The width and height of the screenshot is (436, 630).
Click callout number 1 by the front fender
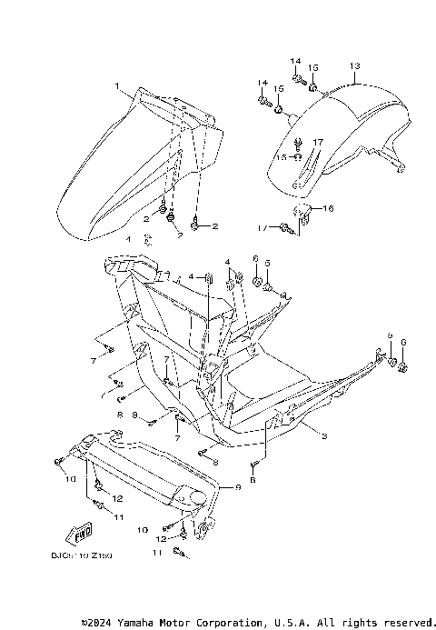(x=117, y=85)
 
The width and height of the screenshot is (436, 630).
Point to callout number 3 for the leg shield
(x=323, y=436)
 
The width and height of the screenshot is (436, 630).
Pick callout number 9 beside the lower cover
(x=238, y=488)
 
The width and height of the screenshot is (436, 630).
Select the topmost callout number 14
(x=295, y=61)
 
